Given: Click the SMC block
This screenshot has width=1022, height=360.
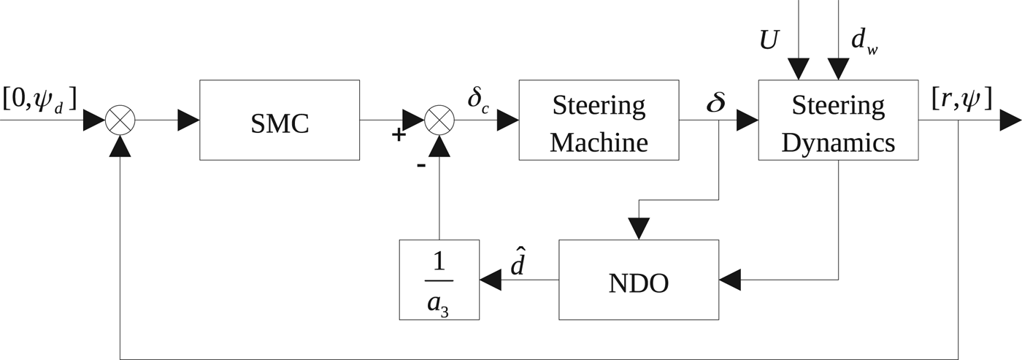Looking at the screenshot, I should point(280,120).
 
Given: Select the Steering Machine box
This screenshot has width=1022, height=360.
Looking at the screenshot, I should point(599,120).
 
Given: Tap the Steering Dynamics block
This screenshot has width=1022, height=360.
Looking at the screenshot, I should point(838,120).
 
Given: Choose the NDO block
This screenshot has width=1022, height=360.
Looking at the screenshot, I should point(639,280).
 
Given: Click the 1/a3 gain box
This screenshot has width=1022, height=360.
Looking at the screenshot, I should point(439,280).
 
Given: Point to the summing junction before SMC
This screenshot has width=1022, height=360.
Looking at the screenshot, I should point(119,120).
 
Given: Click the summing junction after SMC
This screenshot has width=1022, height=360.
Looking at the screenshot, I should point(439,120).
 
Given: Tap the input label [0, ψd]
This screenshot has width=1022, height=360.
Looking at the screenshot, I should point(39,99).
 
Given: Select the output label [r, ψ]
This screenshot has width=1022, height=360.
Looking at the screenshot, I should point(962,99).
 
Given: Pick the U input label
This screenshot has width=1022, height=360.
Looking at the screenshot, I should point(768,41).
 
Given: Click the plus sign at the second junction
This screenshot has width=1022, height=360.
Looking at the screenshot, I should point(399,134).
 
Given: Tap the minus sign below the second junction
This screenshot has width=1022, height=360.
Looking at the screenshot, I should point(421,165).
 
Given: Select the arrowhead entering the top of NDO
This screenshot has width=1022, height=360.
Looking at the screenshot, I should point(639,229).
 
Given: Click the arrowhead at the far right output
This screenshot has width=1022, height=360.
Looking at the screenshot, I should point(1010,120).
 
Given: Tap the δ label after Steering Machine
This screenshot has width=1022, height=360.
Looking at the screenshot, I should point(715,103).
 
